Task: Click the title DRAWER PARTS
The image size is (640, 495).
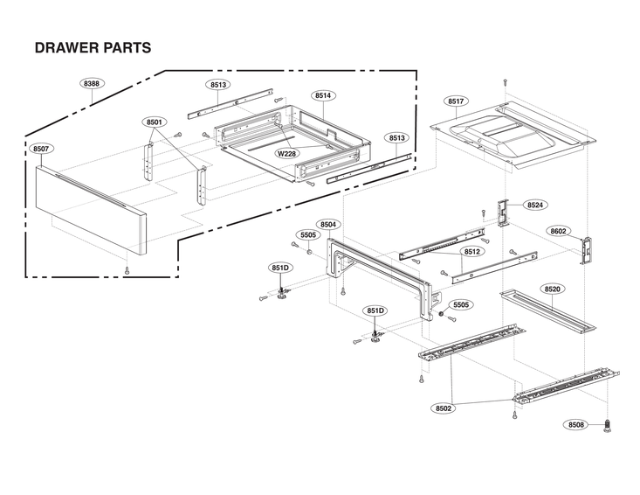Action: point(93,47)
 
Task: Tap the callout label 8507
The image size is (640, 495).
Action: point(40,150)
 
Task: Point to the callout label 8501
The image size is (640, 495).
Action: point(155,122)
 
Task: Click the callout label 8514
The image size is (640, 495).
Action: point(323,95)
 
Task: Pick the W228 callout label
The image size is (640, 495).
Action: point(286,153)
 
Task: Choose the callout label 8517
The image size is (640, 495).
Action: point(455,101)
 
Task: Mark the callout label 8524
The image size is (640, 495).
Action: point(535,205)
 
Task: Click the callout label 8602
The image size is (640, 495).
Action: point(560,231)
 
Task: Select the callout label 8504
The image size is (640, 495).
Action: point(328,225)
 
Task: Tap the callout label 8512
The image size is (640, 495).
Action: point(472,252)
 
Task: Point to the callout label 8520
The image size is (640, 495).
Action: point(553,289)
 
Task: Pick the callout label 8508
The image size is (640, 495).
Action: point(575,425)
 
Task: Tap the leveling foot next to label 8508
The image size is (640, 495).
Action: point(606,426)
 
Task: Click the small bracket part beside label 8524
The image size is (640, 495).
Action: point(503,211)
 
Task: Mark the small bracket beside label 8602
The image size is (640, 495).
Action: point(587,249)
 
